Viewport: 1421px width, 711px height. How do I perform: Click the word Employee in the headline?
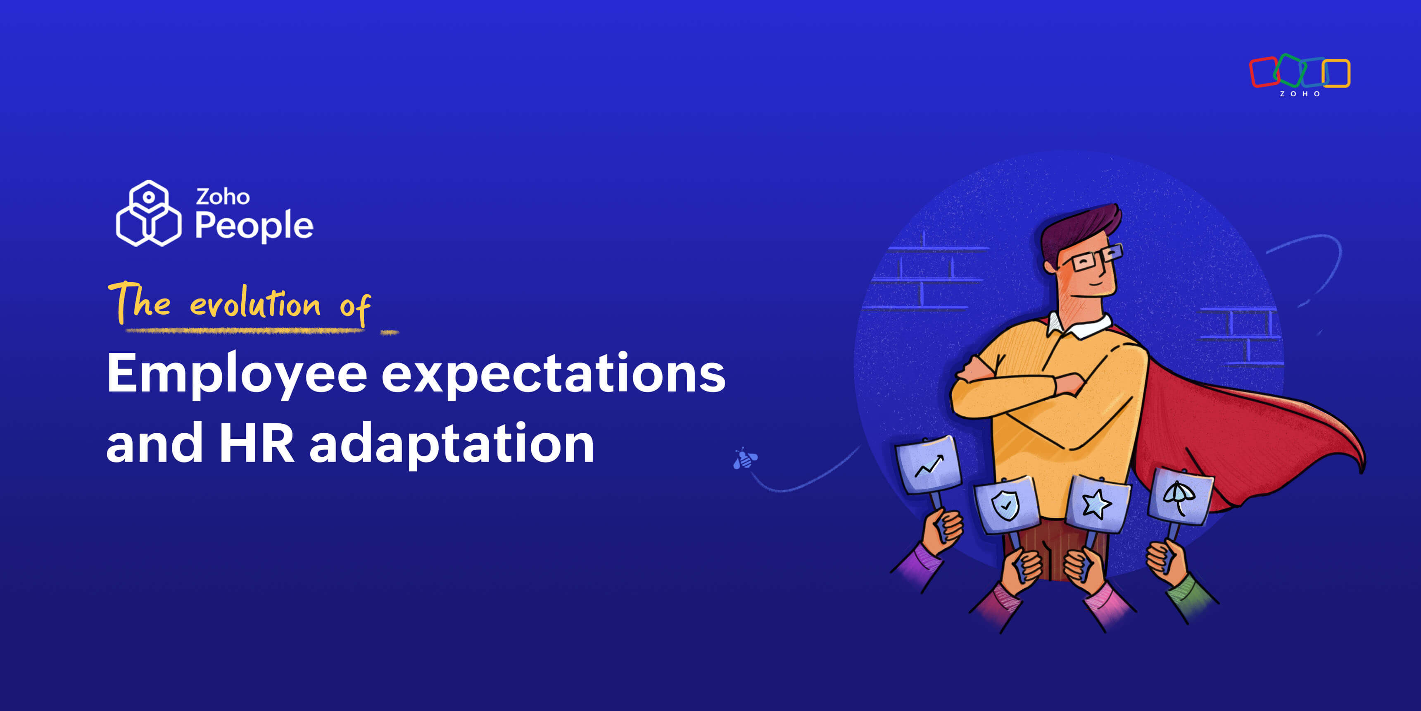point(237,375)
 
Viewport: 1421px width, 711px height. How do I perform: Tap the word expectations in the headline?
point(553,375)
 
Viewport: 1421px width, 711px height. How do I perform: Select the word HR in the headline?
point(257,443)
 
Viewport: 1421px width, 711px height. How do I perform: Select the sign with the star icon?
point(1097,504)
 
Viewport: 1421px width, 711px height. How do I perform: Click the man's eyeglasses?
point(1095,257)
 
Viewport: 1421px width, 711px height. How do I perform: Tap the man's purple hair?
point(1079,229)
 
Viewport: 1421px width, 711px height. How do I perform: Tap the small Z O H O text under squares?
point(1300,94)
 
